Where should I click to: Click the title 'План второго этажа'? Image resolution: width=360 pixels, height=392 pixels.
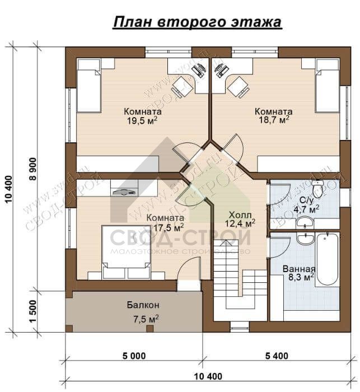coord(197,22)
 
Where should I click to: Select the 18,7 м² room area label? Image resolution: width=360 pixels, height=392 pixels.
coord(273,119)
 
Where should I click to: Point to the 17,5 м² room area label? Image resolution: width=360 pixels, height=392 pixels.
coord(168,227)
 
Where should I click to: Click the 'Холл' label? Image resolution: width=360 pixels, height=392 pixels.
coord(240,214)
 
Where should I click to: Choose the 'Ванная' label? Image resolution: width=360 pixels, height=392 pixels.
coord(298,268)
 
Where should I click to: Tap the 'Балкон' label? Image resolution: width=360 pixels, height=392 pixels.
coord(142,305)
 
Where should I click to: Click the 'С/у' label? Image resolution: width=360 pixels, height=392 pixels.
coord(306,200)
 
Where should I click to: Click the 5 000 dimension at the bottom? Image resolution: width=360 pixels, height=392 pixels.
coord(133,355)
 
